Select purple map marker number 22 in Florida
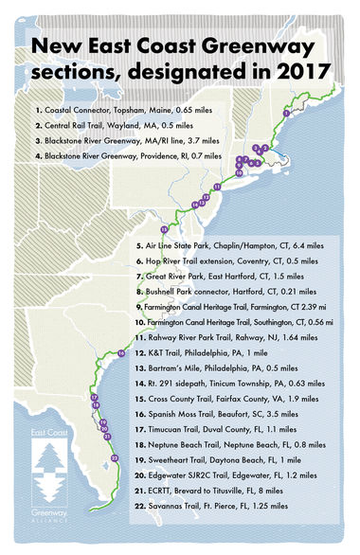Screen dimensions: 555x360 pyautogui.click(x=115, y=457)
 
